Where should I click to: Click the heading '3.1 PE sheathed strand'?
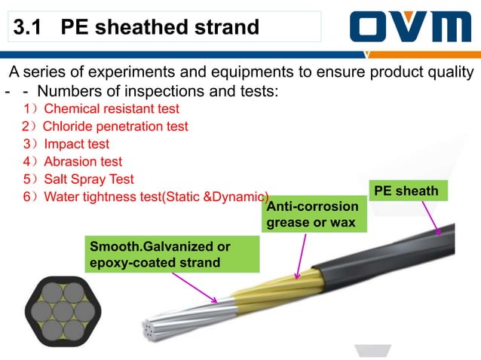(136, 28)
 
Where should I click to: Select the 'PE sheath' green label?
(406, 191)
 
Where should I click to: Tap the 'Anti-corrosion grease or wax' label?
(311, 215)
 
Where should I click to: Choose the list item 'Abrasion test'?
(72, 161)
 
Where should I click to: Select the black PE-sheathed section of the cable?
(400, 248)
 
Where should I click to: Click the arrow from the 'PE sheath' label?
(430, 218)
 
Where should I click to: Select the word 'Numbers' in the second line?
(67, 91)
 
